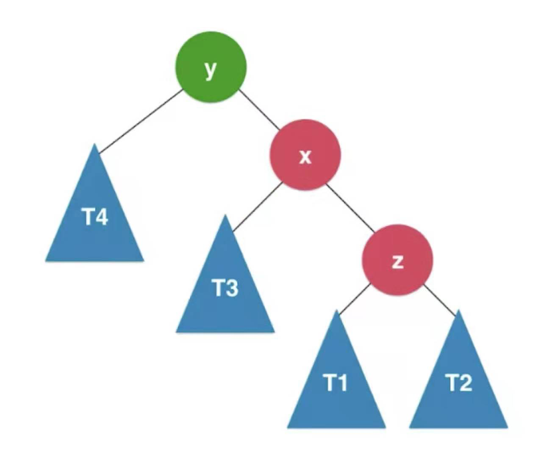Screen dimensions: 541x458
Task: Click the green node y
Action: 211,67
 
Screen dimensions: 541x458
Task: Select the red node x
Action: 305,155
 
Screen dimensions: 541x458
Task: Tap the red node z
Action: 397,260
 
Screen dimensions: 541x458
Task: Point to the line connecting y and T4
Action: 141,121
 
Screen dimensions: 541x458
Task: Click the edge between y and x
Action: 259,110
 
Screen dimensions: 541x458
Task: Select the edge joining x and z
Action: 350,208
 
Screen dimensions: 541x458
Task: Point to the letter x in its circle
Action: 305,157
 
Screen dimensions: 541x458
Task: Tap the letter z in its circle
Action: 398,262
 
